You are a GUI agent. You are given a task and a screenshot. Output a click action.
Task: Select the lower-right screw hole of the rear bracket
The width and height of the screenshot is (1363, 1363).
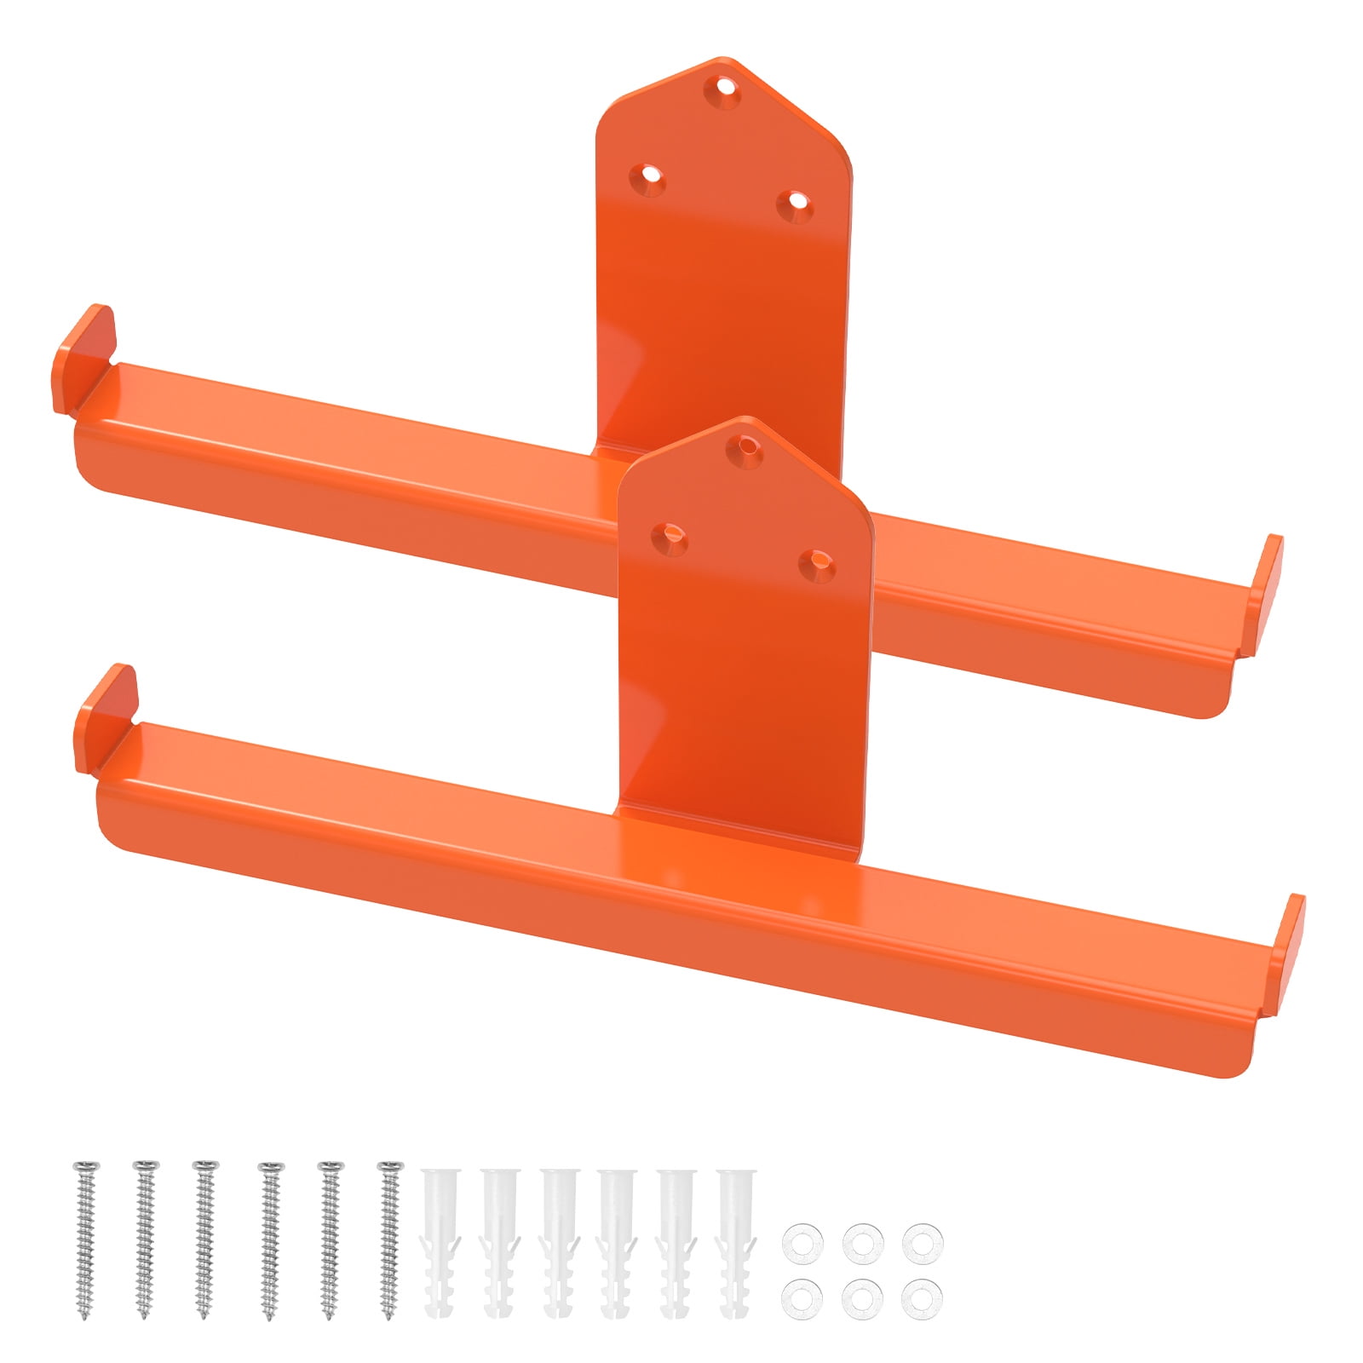796,201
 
